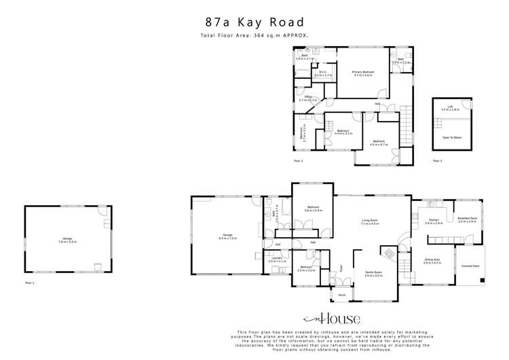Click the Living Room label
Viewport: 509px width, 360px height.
tap(369, 221)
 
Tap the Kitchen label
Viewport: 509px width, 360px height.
tap(433, 221)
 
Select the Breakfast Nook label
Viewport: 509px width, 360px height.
tap(467, 220)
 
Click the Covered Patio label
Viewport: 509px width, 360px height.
tap(472, 266)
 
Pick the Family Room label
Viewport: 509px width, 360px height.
tap(373, 274)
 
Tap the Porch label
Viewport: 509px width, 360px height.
tap(342, 295)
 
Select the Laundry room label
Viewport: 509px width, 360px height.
tap(275, 259)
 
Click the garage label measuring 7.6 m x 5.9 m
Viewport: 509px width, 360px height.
tap(67, 240)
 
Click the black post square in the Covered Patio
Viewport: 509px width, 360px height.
tap(483, 279)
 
